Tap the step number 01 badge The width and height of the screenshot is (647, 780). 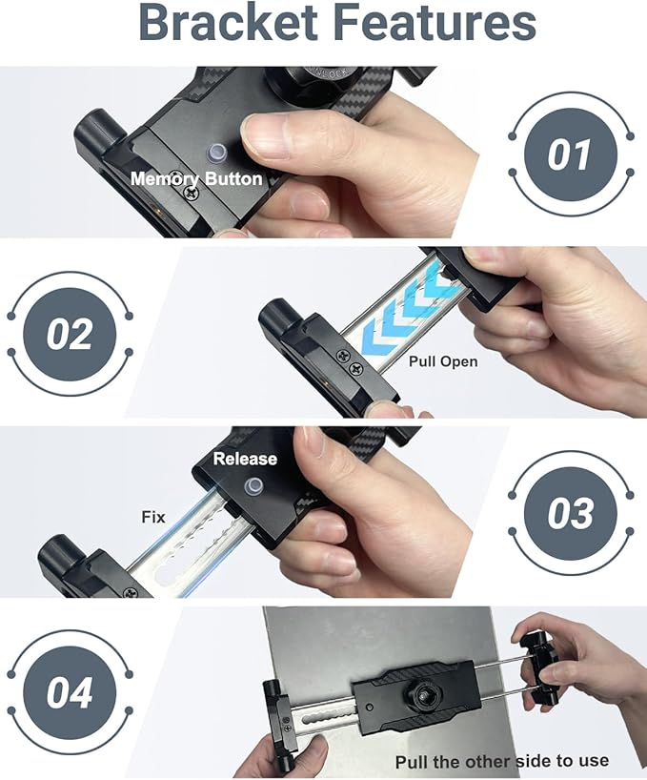[571, 154]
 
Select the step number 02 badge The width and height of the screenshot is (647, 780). [70, 335]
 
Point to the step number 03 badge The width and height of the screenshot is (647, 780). [571, 514]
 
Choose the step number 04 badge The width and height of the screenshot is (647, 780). [70, 692]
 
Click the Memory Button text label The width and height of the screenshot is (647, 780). [196, 178]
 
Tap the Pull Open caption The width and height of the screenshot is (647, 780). [443, 361]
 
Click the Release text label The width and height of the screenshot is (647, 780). [245, 459]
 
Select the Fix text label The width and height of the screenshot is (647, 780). [153, 517]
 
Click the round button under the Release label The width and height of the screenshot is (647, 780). [253, 487]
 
